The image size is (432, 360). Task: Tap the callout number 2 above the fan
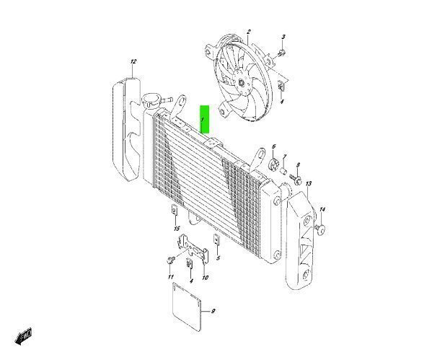[248, 32]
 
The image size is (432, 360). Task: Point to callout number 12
[133, 63]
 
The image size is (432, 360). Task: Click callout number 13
[308, 185]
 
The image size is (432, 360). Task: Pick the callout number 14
[322, 209]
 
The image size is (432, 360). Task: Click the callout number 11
[170, 277]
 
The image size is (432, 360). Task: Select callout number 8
[298, 165]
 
